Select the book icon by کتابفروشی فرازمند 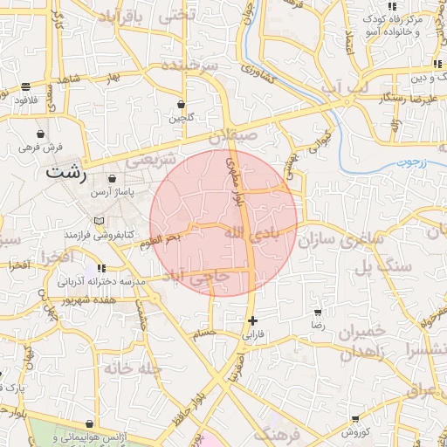pyautogui.click(x=99, y=219)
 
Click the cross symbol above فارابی pyautogui.click(x=253, y=320)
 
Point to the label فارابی pyautogui.click(x=251, y=334)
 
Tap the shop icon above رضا pyautogui.click(x=318, y=312)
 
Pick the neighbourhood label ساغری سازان pyautogui.click(x=342, y=237)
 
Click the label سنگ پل pyautogui.click(x=380, y=267)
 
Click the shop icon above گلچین pyautogui.click(x=182, y=104)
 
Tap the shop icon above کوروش pyautogui.click(x=354, y=420)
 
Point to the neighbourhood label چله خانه pyautogui.click(x=133, y=368)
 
